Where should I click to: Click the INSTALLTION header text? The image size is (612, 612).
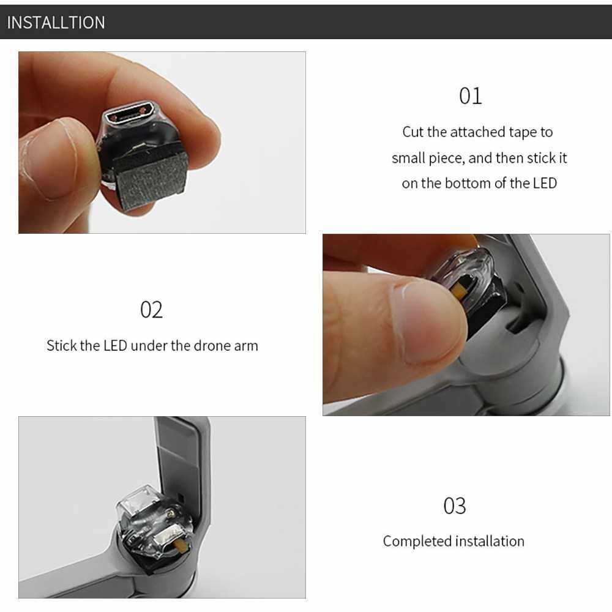(56, 23)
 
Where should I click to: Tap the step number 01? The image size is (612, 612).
(470, 96)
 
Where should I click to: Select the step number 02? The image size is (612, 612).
(151, 310)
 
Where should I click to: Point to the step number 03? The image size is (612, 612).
(455, 506)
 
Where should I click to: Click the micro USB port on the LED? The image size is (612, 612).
(128, 115)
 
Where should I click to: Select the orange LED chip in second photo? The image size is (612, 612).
(461, 290)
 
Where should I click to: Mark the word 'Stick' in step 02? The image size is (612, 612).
(61, 345)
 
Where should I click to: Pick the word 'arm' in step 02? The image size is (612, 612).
(246, 346)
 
